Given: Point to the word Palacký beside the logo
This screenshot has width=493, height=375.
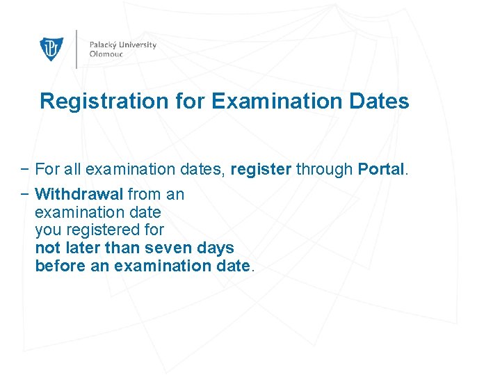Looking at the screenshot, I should (104, 45).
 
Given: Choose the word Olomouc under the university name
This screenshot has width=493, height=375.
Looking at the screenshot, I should (106, 54).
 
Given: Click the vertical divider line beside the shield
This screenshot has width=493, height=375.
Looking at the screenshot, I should (76, 49).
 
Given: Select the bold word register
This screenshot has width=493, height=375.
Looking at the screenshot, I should (261, 170).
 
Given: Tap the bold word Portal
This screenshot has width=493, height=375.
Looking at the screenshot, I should (380, 169).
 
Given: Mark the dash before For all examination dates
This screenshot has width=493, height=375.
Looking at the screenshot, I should (25, 169).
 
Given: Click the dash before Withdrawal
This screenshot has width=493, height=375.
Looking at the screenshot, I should (25, 194).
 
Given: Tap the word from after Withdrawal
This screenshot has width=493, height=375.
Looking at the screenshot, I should (143, 194).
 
